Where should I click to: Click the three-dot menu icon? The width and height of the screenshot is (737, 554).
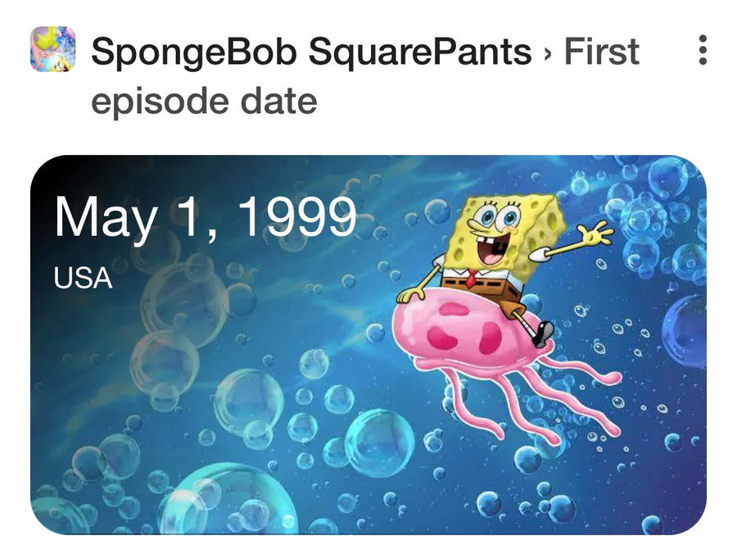(703, 50)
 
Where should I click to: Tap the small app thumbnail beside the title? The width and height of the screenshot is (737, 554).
(52, 49)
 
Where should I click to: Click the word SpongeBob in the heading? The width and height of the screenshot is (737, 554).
(193, 52)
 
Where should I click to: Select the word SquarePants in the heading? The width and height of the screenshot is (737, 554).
(420, 52)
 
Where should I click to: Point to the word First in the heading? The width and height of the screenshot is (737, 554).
(602, 51)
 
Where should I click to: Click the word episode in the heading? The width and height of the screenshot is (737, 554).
(160, 102)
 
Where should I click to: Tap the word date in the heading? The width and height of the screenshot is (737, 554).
(278, 100)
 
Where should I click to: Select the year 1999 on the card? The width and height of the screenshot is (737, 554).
(297, 216)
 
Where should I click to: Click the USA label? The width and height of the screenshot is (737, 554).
(83, 278)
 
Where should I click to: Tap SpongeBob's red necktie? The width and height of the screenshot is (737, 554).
(470, 279)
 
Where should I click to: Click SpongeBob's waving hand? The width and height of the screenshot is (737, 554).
(595, 234)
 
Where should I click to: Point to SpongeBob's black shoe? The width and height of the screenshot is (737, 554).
(544, 333)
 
